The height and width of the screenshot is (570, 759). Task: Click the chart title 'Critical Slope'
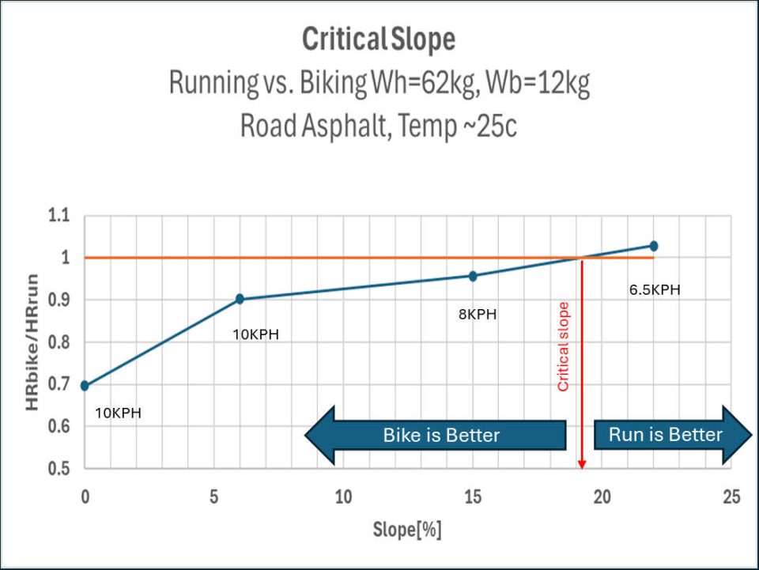379,40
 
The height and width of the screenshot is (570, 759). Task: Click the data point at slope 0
85,386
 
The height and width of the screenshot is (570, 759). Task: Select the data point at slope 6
240,299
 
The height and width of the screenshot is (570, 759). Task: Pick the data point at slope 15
473,276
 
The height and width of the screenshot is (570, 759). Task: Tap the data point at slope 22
654,246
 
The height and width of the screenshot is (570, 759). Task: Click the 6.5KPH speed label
655,290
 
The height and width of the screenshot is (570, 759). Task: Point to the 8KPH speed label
478,315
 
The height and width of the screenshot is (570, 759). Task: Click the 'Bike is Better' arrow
435,435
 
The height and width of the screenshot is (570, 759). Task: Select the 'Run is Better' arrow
673,435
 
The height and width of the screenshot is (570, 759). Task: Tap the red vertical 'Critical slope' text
563,346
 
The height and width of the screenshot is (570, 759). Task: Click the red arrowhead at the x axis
582,465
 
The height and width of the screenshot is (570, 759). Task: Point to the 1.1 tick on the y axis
59,215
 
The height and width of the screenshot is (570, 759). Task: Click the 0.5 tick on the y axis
59,468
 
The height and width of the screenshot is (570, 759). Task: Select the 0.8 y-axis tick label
59,342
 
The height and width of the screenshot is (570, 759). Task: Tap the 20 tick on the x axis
602,497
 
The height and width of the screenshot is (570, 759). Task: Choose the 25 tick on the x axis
731,497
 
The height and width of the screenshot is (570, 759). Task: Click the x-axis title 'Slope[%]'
407,530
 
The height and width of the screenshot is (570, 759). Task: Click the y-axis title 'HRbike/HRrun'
32,342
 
